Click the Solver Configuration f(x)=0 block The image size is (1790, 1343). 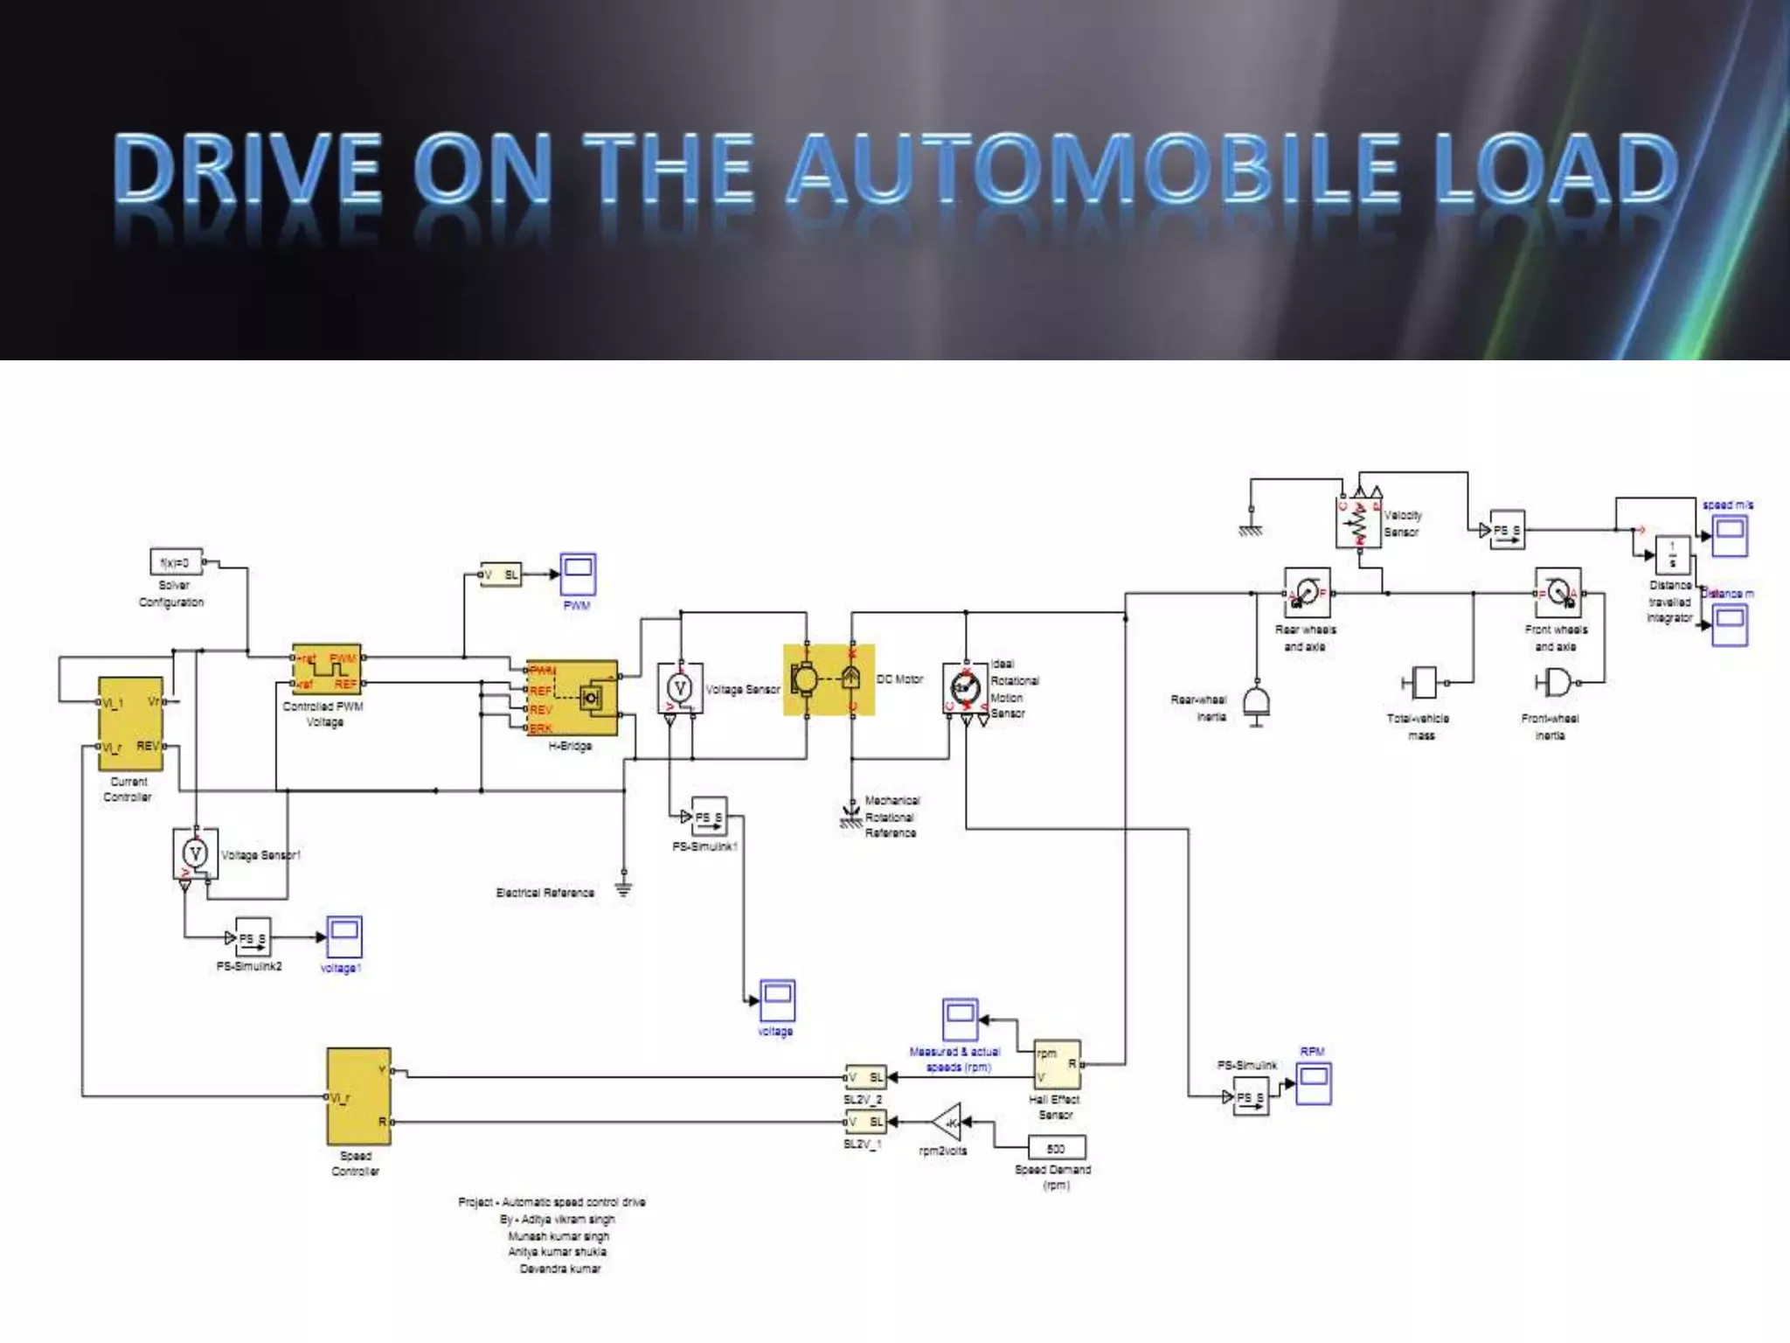pos(176,562)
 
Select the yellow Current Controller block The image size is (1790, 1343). pos(131,723)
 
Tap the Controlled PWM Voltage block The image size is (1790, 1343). pos(326,670)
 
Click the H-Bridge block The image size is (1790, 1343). pos(572,698)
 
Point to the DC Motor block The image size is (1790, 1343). pos(828,679)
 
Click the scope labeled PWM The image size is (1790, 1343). pos(578,574)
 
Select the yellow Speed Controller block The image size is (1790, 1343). pos(358,1096)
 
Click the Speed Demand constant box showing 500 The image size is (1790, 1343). pos(1056,1148)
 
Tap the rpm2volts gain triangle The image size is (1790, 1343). pos(947,1122)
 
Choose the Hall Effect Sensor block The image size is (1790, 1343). pos(1057,1064)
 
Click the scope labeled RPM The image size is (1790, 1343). pos(1313,1084)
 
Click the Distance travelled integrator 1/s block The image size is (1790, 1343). pos(1672,554)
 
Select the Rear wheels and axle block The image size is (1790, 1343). pos(1307,593)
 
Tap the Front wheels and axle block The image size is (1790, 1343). pos(1558,593)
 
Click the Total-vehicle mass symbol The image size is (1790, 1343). pos(1423,683)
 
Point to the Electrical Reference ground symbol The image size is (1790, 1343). pos(623,888)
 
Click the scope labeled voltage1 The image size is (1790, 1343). pos(344,937)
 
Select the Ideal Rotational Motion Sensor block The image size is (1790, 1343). pos(965,689)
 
